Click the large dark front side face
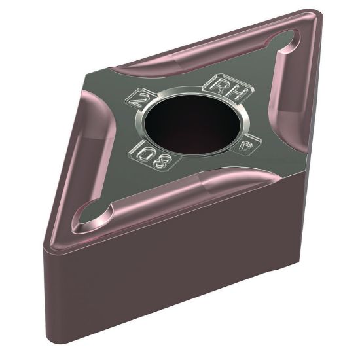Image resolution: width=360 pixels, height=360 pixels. pyautogui.click(x=164, y=281)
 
